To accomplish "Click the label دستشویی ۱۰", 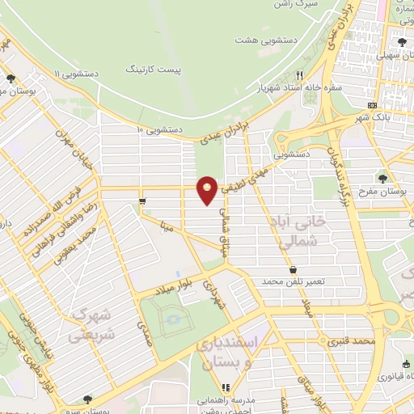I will click(159, 129).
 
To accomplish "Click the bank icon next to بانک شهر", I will click(372, 105).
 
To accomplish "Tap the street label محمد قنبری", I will click(353, 342).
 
